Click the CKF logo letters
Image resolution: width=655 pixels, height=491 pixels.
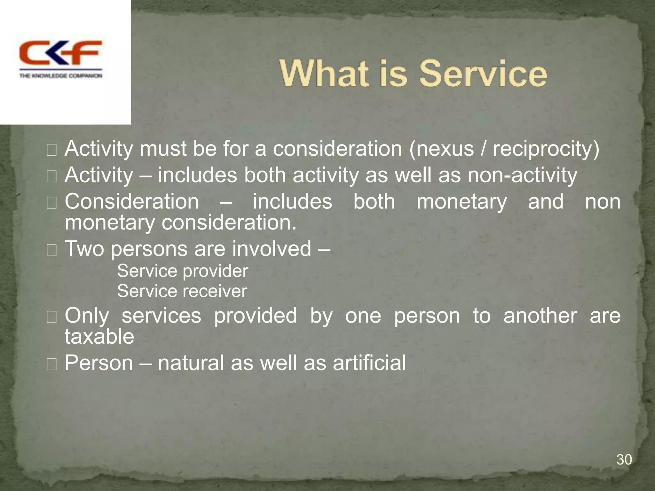[60, 53]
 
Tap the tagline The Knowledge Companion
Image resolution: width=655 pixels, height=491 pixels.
[61, 76]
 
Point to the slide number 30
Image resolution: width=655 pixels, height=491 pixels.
[624, 460]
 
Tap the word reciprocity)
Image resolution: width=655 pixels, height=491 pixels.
[546, 149]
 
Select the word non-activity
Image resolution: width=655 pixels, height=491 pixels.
[522, 175]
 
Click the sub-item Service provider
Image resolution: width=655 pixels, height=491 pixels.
[182, 271]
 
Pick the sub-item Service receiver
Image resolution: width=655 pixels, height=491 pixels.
[182, 291]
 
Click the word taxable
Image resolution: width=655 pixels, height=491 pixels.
[99, 337]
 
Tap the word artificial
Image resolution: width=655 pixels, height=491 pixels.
[369, 363]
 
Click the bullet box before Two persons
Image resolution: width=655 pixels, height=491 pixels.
[51, 250]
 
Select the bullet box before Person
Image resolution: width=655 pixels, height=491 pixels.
[51, 364]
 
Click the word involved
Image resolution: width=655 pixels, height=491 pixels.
[271, 248]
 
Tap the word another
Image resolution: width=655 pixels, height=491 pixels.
[540, 316]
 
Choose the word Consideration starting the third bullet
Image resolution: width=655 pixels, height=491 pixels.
[132, 202]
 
